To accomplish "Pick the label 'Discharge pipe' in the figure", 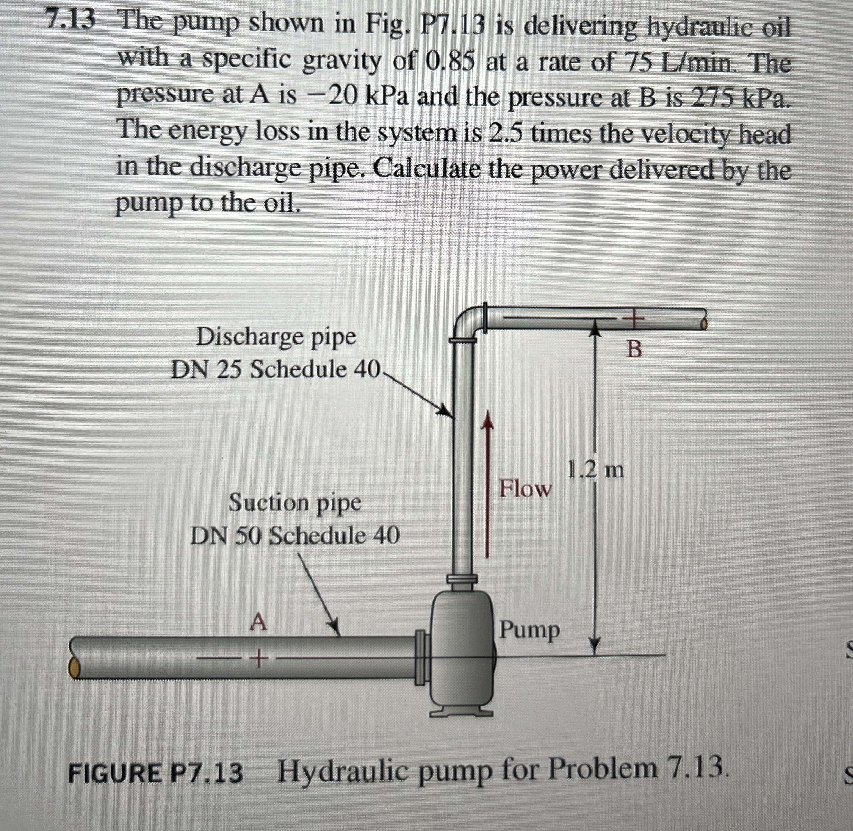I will pos(276,337).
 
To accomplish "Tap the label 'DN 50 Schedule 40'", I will pos(294,536).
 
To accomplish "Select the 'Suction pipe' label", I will pos(295,502).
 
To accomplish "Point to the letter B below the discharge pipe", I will pos(634,349).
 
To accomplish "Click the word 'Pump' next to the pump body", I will pos(530,630).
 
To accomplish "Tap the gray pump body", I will pos(462,655).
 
